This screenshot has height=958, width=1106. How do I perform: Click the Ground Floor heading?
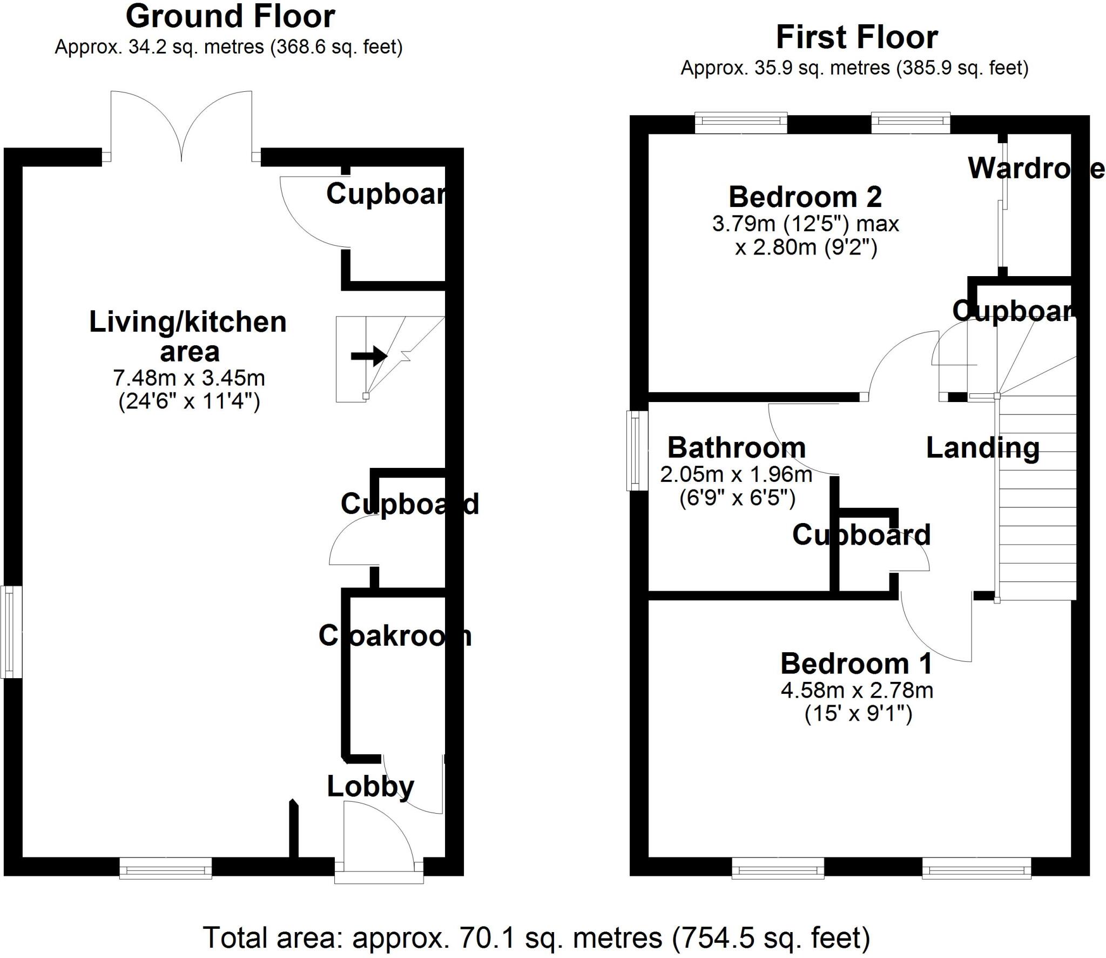(230, 17)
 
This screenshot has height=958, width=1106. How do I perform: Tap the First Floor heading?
(857, 38)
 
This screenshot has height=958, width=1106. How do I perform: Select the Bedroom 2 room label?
(805, 197)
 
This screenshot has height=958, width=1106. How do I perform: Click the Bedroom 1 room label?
(857, 664)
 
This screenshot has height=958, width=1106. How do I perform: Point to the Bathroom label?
(737, 447)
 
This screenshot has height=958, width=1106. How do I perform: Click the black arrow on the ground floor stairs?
(369, 356)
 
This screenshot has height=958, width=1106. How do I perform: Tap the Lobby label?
(370, 786)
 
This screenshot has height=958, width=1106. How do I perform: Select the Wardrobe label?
(1034, 169)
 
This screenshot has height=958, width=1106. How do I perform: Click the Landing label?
(982, 448)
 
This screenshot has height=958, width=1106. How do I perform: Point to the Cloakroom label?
(395, 636)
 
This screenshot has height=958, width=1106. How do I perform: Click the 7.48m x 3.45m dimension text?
(189, 378)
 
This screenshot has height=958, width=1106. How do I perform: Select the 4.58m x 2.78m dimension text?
(857, 691)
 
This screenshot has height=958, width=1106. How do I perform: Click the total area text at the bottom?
(536, 937)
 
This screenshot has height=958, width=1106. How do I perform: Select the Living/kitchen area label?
(188, 336)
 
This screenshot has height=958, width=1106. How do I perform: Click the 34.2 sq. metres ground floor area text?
(228, 48)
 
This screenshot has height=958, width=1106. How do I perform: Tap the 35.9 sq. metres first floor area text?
(854, 68)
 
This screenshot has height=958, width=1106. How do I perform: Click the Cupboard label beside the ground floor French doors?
(386, 193)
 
